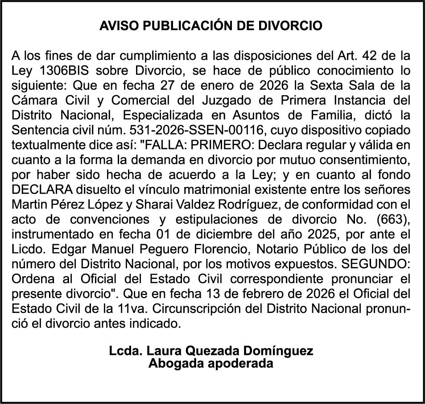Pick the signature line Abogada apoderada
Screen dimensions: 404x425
point(211,363)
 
